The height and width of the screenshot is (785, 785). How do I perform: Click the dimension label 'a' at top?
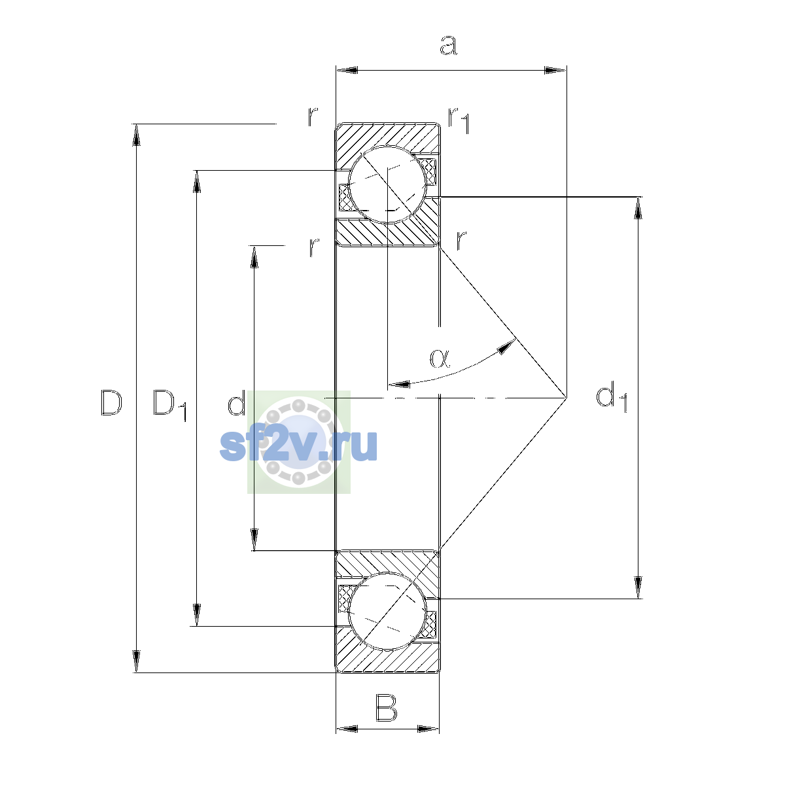click(448, 45)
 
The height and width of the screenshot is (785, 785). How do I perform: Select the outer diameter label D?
click(111, 402)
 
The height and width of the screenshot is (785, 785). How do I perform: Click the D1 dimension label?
click(169, 405)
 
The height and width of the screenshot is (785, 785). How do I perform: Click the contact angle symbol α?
click(440, 358)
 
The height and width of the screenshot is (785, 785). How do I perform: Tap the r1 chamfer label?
click(459, 120)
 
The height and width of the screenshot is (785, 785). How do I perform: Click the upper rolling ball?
click(387, 184)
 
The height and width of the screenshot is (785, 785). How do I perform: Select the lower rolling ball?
click(387, 611)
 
